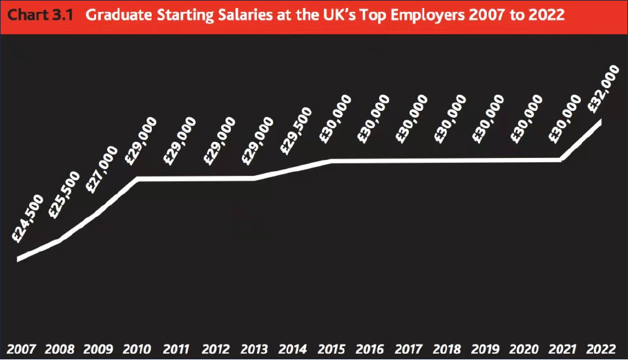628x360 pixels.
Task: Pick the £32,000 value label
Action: [603, 88]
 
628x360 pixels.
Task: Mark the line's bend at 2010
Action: [137, 178]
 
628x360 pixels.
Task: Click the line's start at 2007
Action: [19, 258]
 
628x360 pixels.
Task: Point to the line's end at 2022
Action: [600, 121]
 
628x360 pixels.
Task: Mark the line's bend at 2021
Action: [561, 160]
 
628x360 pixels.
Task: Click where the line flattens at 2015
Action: [331, 161]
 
